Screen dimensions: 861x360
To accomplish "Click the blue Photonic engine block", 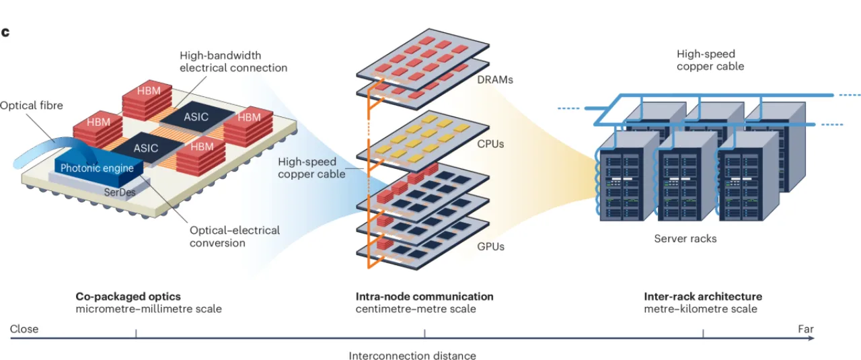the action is [x=99, y=171].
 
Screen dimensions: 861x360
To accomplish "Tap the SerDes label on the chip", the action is [x=120, y=192].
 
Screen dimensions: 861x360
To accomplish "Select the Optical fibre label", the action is [x=31, y=106].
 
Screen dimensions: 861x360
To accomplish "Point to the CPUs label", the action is [x=490, y=144].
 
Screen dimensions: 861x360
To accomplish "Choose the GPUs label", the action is [x=491, y=246].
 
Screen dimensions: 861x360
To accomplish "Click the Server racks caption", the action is [x=685, y=238].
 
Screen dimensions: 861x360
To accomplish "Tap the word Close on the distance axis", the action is [x=24, y=329].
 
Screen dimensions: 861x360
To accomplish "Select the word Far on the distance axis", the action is [x=806, y=329].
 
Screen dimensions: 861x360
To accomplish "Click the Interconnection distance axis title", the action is [x=412, y=355].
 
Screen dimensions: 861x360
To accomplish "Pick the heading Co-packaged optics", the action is [x=128, y=297].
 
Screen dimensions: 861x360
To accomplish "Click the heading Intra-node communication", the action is [x=424, y=297].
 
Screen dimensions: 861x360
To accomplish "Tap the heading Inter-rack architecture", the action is [x=703, y=297].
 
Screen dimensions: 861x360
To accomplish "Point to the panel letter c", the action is [x=5, y=32].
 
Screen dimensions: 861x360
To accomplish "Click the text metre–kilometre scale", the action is [x=701, y=309].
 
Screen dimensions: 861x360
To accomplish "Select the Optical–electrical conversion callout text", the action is [x=235, y=237].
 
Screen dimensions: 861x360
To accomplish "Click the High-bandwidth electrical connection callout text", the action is [x=233, y=61].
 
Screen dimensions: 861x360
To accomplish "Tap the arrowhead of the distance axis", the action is [x=811, y=338].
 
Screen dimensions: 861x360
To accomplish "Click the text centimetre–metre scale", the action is [x=416, y=309].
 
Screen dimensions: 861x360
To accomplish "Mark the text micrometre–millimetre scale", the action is [x=149, y=309].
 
